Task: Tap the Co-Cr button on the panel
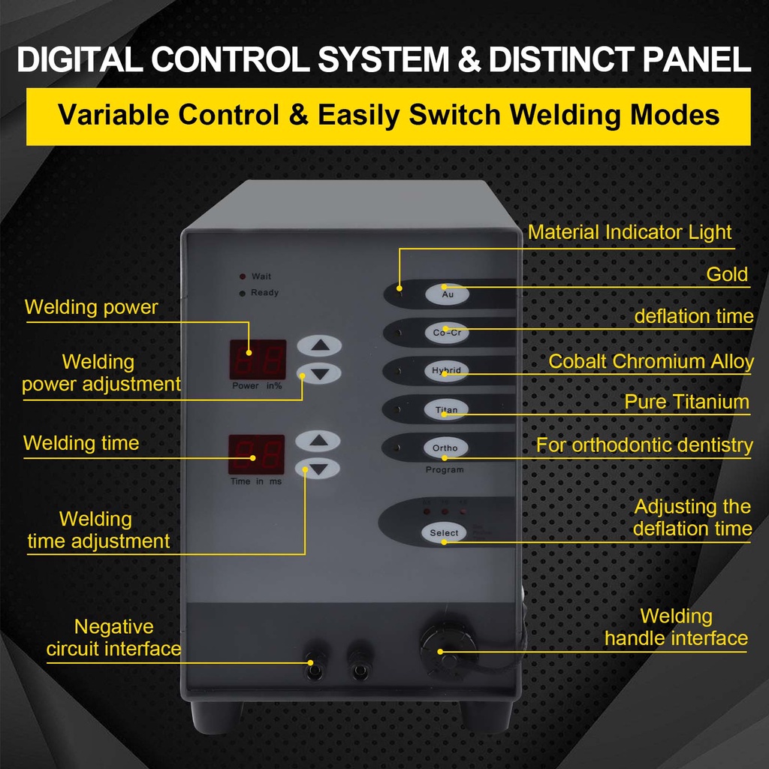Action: [x=446, y=332]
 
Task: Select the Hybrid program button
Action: [x=446, y=371]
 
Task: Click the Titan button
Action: [x=446, y=410]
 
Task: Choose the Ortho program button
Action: [x=445, y=448]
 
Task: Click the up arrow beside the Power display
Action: [x=319, y=346]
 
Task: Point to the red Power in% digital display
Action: [x=257, y=360]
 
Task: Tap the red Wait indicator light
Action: [x=242, y=277]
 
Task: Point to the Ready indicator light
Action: [x=242, y=293]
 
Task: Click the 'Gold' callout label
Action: [x=727, y=275]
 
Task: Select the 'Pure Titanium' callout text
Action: [x=686, y=403]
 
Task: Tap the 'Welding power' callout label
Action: [x=91, y=307]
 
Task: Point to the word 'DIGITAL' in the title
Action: [x=78, y=61]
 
